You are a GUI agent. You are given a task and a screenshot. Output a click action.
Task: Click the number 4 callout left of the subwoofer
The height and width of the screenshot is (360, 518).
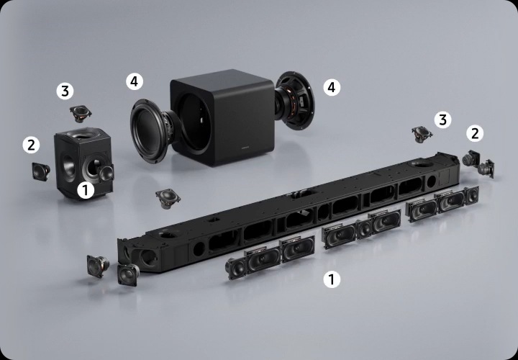pos(135,81)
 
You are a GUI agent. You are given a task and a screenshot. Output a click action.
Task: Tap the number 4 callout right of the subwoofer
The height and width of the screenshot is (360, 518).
pos(332,87)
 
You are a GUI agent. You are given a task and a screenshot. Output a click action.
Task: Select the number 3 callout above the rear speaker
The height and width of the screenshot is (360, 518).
pos(65,91)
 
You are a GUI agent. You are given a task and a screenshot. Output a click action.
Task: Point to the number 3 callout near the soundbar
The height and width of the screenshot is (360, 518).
pos(442,120)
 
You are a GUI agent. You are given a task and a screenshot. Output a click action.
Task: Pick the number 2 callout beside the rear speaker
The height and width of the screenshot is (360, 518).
pos(31,145)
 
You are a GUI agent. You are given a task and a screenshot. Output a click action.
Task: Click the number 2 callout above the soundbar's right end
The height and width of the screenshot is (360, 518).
pos(475,133)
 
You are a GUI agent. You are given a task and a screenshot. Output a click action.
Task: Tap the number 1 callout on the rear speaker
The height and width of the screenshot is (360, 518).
pos(86,190)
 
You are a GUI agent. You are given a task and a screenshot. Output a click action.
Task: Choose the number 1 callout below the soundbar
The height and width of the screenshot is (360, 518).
pos(332,279)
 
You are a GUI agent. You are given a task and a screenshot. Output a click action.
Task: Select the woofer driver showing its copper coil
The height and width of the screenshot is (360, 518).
pos(294,101)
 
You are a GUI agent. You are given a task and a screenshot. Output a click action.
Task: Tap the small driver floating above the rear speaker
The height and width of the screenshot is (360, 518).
pos(81,114)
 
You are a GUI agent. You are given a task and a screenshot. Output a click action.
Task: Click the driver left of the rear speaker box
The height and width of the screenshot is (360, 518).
pos(41,171)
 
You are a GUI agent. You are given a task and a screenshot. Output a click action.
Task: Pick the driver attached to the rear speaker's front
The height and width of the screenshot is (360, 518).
pos(106,174)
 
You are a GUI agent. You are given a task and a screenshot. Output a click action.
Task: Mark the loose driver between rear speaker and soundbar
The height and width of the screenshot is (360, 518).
pos(168,198)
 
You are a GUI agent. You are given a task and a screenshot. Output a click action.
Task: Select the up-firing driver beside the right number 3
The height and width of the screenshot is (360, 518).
pos(422,134)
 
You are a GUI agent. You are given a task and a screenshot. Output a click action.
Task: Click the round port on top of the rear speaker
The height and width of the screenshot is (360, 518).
pos(81,134)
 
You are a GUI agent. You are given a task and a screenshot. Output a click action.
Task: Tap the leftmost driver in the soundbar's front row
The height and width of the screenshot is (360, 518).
pos(235,268)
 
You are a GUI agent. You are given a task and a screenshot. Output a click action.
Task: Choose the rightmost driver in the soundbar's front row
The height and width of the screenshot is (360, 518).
pos(471,195)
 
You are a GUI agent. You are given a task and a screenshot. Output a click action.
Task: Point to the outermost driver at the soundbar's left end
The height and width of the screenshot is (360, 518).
pos(98,266)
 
